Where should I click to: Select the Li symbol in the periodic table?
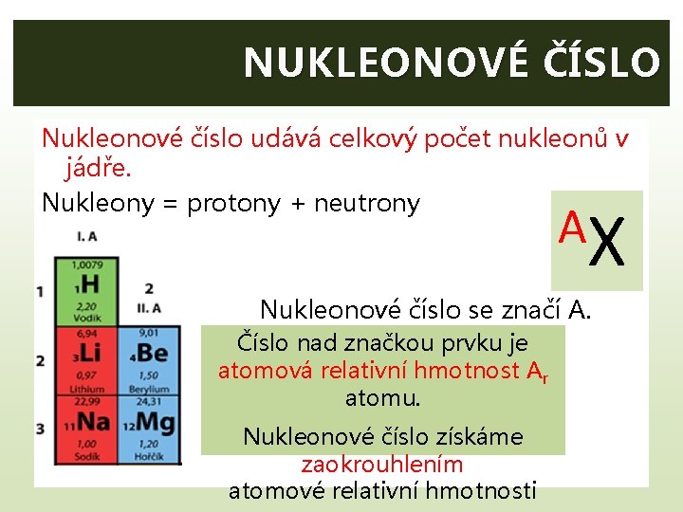[x=89, y=352]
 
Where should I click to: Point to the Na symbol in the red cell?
[x=93, y=421]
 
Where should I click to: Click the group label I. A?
[x=86, y=235]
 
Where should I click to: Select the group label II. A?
[x=148, y=307]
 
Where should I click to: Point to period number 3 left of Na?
[x=40, y=429]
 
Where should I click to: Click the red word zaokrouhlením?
[x=382, y=464]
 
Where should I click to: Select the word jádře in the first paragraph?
[x=98, y=170]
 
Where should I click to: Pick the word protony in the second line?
[x=234, y=203]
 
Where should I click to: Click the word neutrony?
[x=367, y=203]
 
